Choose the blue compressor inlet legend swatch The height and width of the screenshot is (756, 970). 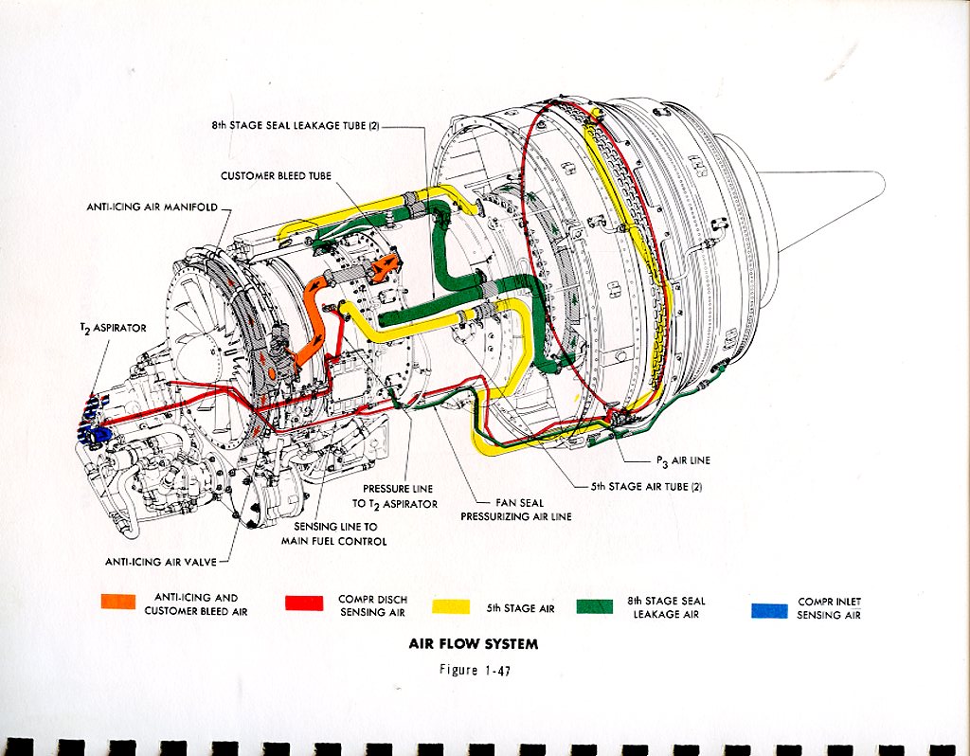click(769, 609)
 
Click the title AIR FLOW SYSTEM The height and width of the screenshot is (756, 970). click(473, 644)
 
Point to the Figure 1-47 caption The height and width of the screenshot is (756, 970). click(473, 670)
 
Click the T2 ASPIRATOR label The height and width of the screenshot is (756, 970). click(113, 328)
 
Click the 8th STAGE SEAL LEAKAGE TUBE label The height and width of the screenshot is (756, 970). click(296, 125)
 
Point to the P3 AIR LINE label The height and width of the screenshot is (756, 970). click(683, 460)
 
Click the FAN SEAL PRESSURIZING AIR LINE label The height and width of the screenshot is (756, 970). click(515, 510)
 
